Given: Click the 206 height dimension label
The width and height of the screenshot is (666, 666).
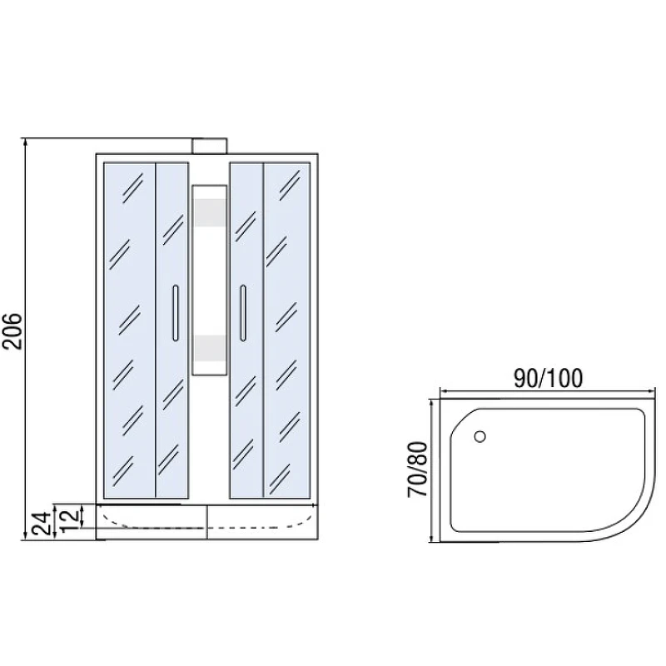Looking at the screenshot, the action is point(12,331).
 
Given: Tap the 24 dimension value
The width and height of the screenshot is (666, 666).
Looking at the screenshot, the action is point(42,524).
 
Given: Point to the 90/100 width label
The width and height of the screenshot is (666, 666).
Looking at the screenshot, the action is point(549,378).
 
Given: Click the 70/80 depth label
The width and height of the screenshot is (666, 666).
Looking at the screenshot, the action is point(418,469).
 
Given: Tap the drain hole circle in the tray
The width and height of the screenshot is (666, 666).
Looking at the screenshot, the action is point(480,436).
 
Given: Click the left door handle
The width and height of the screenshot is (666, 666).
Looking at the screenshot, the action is point(176,313).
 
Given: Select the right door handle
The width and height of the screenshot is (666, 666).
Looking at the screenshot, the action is point(243,313).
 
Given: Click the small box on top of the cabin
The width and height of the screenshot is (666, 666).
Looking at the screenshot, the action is point(210,147).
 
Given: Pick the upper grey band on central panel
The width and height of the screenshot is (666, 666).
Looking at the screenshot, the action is point(210,211).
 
